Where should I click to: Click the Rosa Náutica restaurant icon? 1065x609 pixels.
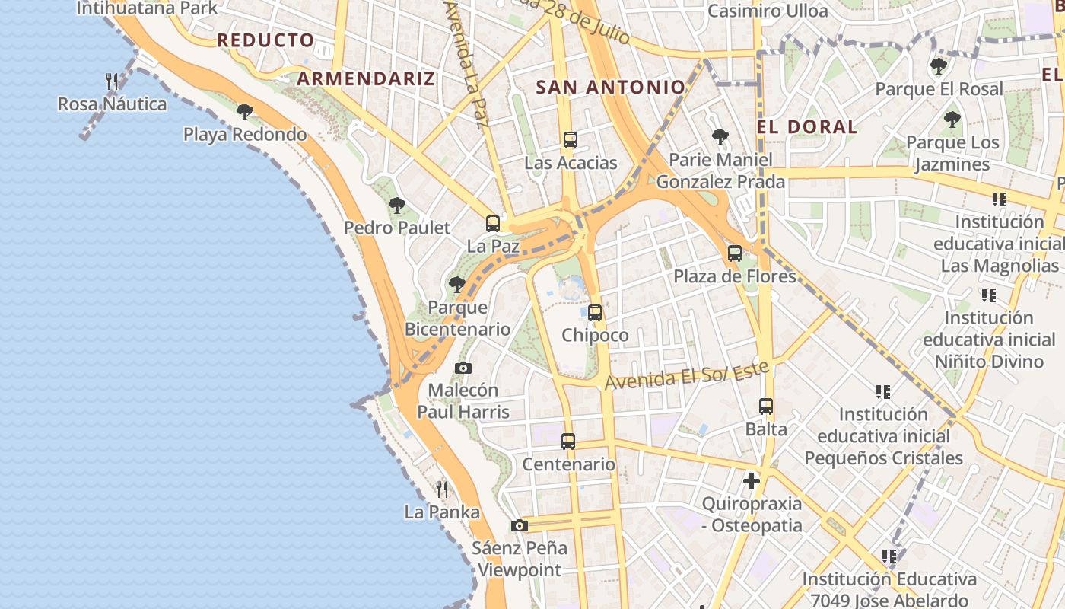point(112,81)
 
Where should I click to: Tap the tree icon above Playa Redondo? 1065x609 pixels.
point(244,112)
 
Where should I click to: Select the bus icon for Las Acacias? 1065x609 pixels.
point(571,140)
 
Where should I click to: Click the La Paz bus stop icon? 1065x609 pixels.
point(493,224)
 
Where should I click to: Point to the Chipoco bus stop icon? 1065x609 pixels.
point(595,312)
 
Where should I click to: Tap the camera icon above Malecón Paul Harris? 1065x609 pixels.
point(463,368)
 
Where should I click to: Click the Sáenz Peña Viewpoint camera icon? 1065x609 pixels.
point(520,525)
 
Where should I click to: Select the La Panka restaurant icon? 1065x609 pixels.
point(442,489)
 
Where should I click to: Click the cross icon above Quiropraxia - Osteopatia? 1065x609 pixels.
point(752,481)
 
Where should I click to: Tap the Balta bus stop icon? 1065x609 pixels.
point(766,407)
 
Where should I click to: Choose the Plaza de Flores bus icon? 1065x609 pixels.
point(735,253)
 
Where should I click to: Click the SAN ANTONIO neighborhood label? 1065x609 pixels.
point(611,88)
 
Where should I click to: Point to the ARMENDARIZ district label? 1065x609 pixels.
point(366,78)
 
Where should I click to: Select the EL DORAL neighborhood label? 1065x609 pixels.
point(807,126)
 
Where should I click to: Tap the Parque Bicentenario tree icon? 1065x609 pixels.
point(457,285)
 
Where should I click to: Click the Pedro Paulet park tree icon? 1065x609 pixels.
point(396,205)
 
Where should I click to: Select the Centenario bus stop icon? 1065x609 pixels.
point(568,442)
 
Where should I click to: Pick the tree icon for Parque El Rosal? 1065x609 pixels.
point(939,66)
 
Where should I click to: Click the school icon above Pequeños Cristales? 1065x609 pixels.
point(883,392)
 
